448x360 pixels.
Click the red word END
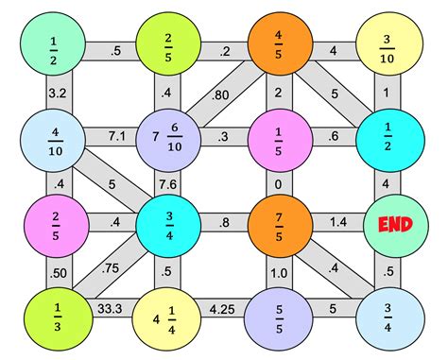click(x=397, y=225)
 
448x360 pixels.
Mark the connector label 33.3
click(x=111, y=307)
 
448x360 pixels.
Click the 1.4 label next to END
click(x=338, y=223)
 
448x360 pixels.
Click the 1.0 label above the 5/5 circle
click(x=281, y=272)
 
